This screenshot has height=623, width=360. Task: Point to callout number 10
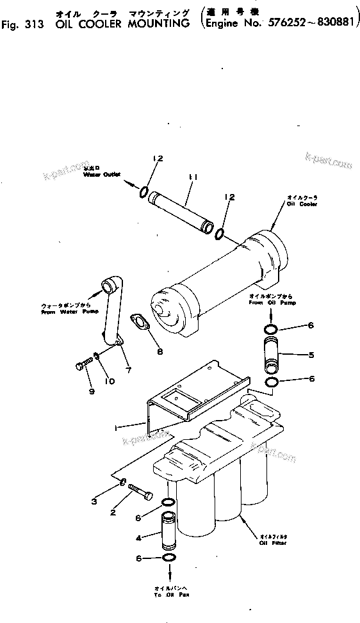110,382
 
